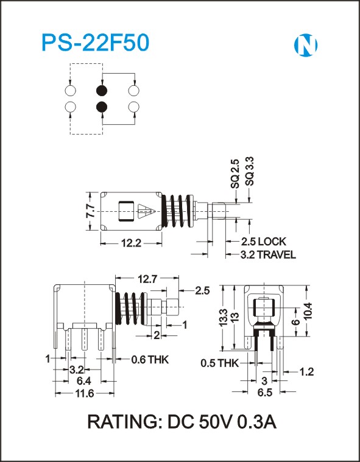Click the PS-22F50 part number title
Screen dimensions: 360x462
96,43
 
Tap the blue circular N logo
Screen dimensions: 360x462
306,46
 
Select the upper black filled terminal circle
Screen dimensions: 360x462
102,91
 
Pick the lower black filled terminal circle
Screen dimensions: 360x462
102,107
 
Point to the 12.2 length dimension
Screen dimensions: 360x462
131,243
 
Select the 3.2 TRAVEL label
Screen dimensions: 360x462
268,254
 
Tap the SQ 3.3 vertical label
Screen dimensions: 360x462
250,171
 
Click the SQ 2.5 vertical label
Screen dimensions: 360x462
235,173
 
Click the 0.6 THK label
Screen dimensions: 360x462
150,359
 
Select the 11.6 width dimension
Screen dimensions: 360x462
83,393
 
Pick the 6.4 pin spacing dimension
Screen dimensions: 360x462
83,381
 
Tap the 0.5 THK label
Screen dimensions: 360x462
219,363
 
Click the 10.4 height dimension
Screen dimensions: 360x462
308,311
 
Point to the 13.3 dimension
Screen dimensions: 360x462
223,317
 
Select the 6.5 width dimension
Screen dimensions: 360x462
265,393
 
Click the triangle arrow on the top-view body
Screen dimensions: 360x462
146,211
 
